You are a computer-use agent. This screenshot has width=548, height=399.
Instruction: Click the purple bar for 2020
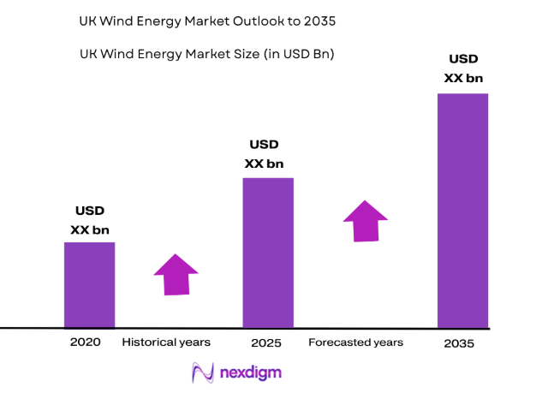89,284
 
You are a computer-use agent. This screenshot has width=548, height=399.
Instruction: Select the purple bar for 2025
268,253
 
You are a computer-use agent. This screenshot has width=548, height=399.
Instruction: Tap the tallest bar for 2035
462,210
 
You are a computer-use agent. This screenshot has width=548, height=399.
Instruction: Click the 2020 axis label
86,342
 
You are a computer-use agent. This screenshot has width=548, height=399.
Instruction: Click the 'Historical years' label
166,342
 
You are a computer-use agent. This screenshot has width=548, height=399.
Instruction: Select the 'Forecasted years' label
356,342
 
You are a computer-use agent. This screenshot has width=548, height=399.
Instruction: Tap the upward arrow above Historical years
176,275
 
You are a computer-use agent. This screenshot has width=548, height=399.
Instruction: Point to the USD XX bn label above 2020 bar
89,219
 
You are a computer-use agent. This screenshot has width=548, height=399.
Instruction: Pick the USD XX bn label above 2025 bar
264,154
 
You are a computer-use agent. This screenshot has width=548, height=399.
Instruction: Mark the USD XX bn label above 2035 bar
463,68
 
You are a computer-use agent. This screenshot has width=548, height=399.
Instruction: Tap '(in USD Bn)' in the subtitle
296,53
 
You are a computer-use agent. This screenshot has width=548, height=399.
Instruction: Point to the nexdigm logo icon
204,372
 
